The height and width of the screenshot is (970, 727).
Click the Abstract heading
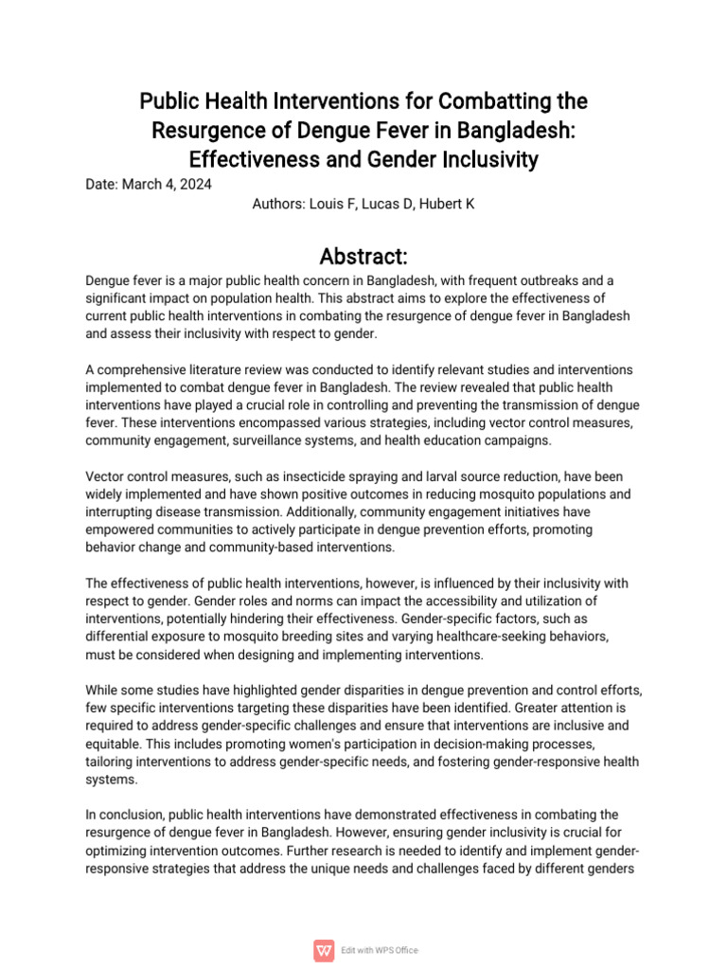tap(363, 256)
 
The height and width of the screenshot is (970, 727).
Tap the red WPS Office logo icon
tap(324, 950)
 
